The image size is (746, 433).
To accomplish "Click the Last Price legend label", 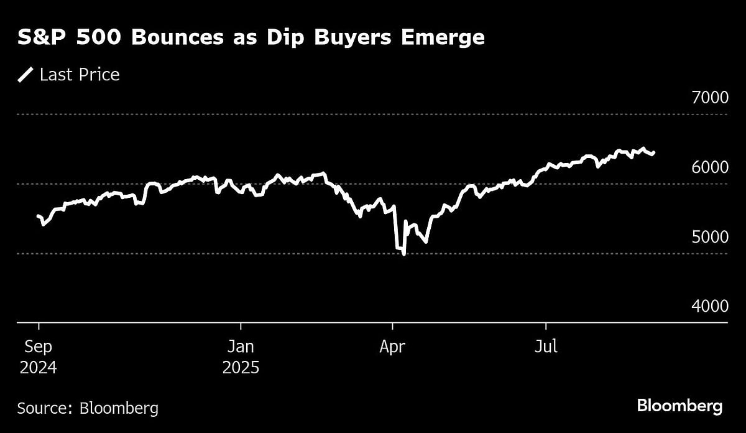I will pyautogui.click(x=80, y=75).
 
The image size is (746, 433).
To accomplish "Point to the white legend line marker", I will pyautogui.click(x=25, y=75).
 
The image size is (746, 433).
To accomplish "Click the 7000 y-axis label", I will pyautogui.click(x=706, y=98).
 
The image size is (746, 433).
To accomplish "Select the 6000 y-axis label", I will pyautogui.click(x=706, y=167).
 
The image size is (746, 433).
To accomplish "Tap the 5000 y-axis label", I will pyautogui.click(x=706, y=237).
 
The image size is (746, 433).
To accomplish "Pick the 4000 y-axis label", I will pyautogui.click(x=706, y=307).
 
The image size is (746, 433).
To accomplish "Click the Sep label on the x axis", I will pyautogui.click(x=38, y=346).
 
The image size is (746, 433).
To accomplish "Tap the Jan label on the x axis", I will pyautogui.click(x=240, y=346).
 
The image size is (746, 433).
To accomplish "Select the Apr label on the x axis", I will pyautogui.click(x=392, y=346).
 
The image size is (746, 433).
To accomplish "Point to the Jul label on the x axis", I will pyautogui.click(x=546, y=346).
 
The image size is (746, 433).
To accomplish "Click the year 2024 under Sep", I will pyautogui.click(x=38, y=368).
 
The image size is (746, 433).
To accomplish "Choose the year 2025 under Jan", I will pyautogui.click(x=240, y=368).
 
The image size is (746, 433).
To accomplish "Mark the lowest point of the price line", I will pyautogui.click(x=404, y=254).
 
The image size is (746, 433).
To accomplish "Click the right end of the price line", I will pyautogui.click(x=654, y=152).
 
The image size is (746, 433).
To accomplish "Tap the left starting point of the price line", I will pyautogui.click(x=38, y=216).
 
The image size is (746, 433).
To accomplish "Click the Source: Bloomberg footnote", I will pyautogui.click(x=88, y=408).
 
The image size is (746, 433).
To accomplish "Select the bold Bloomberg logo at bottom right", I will pyautogui.click(x=679, y=407).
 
